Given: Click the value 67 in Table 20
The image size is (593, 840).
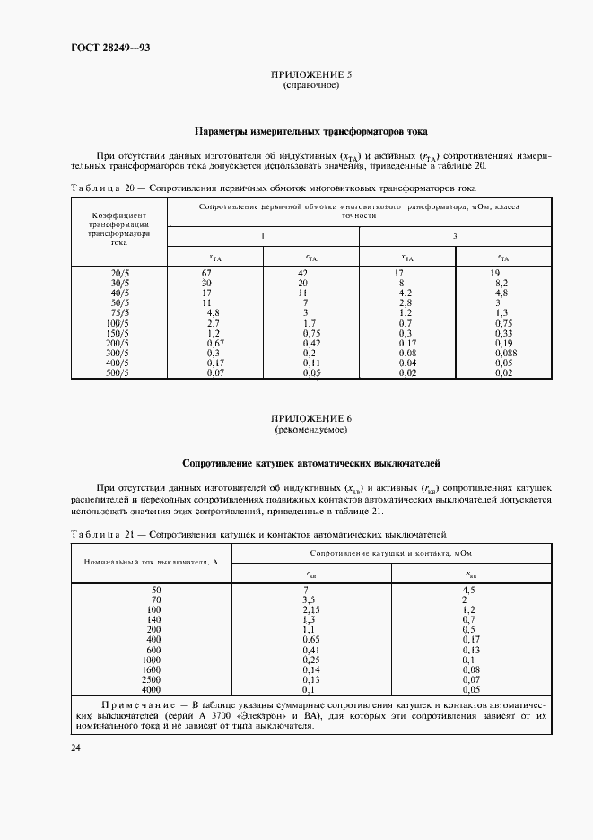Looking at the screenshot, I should point(205,272).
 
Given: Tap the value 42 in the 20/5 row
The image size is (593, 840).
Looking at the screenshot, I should point(302,272).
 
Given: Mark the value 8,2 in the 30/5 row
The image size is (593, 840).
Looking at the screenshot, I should point(502,282).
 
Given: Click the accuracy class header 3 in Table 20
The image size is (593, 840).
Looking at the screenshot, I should point(455,236).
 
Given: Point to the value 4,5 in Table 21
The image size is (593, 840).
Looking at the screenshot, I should point(467,590).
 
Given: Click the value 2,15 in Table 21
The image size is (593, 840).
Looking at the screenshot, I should point(310,609).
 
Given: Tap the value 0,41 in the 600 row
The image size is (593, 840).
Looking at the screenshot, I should point(310,649).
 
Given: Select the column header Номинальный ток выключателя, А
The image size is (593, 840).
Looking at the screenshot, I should point(152,561).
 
